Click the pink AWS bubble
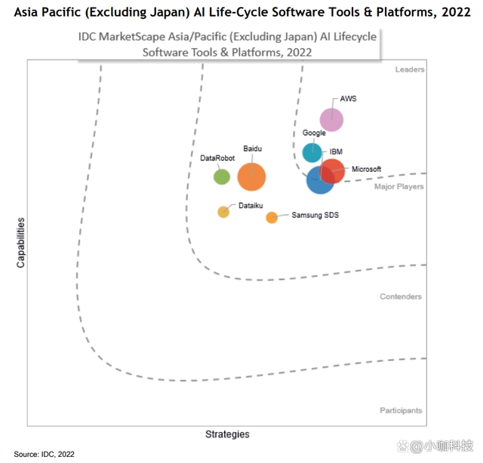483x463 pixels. pos(331,119)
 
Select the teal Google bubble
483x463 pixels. pos(312,152)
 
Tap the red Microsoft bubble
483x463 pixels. pos(332,171)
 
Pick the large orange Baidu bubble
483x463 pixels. pos(251,177)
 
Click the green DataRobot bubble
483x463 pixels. pos(221,177)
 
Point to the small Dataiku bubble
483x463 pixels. pos(223,212)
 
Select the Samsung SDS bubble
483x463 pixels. pos(272,218)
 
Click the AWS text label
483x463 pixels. pos(348,99)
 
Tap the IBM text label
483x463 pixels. pos(337,152)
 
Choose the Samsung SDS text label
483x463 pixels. pos(315,215)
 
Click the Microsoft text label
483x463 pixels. pos(366,169)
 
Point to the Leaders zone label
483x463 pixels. pos(410,69)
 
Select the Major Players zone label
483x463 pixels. pos(399,186)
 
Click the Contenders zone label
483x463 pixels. pos(401,296)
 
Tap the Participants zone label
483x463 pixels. pos(401,410)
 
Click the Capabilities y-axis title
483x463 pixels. pos(21,243)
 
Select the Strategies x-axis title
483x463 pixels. pos(227,434)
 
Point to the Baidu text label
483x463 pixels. pos(252,149)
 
